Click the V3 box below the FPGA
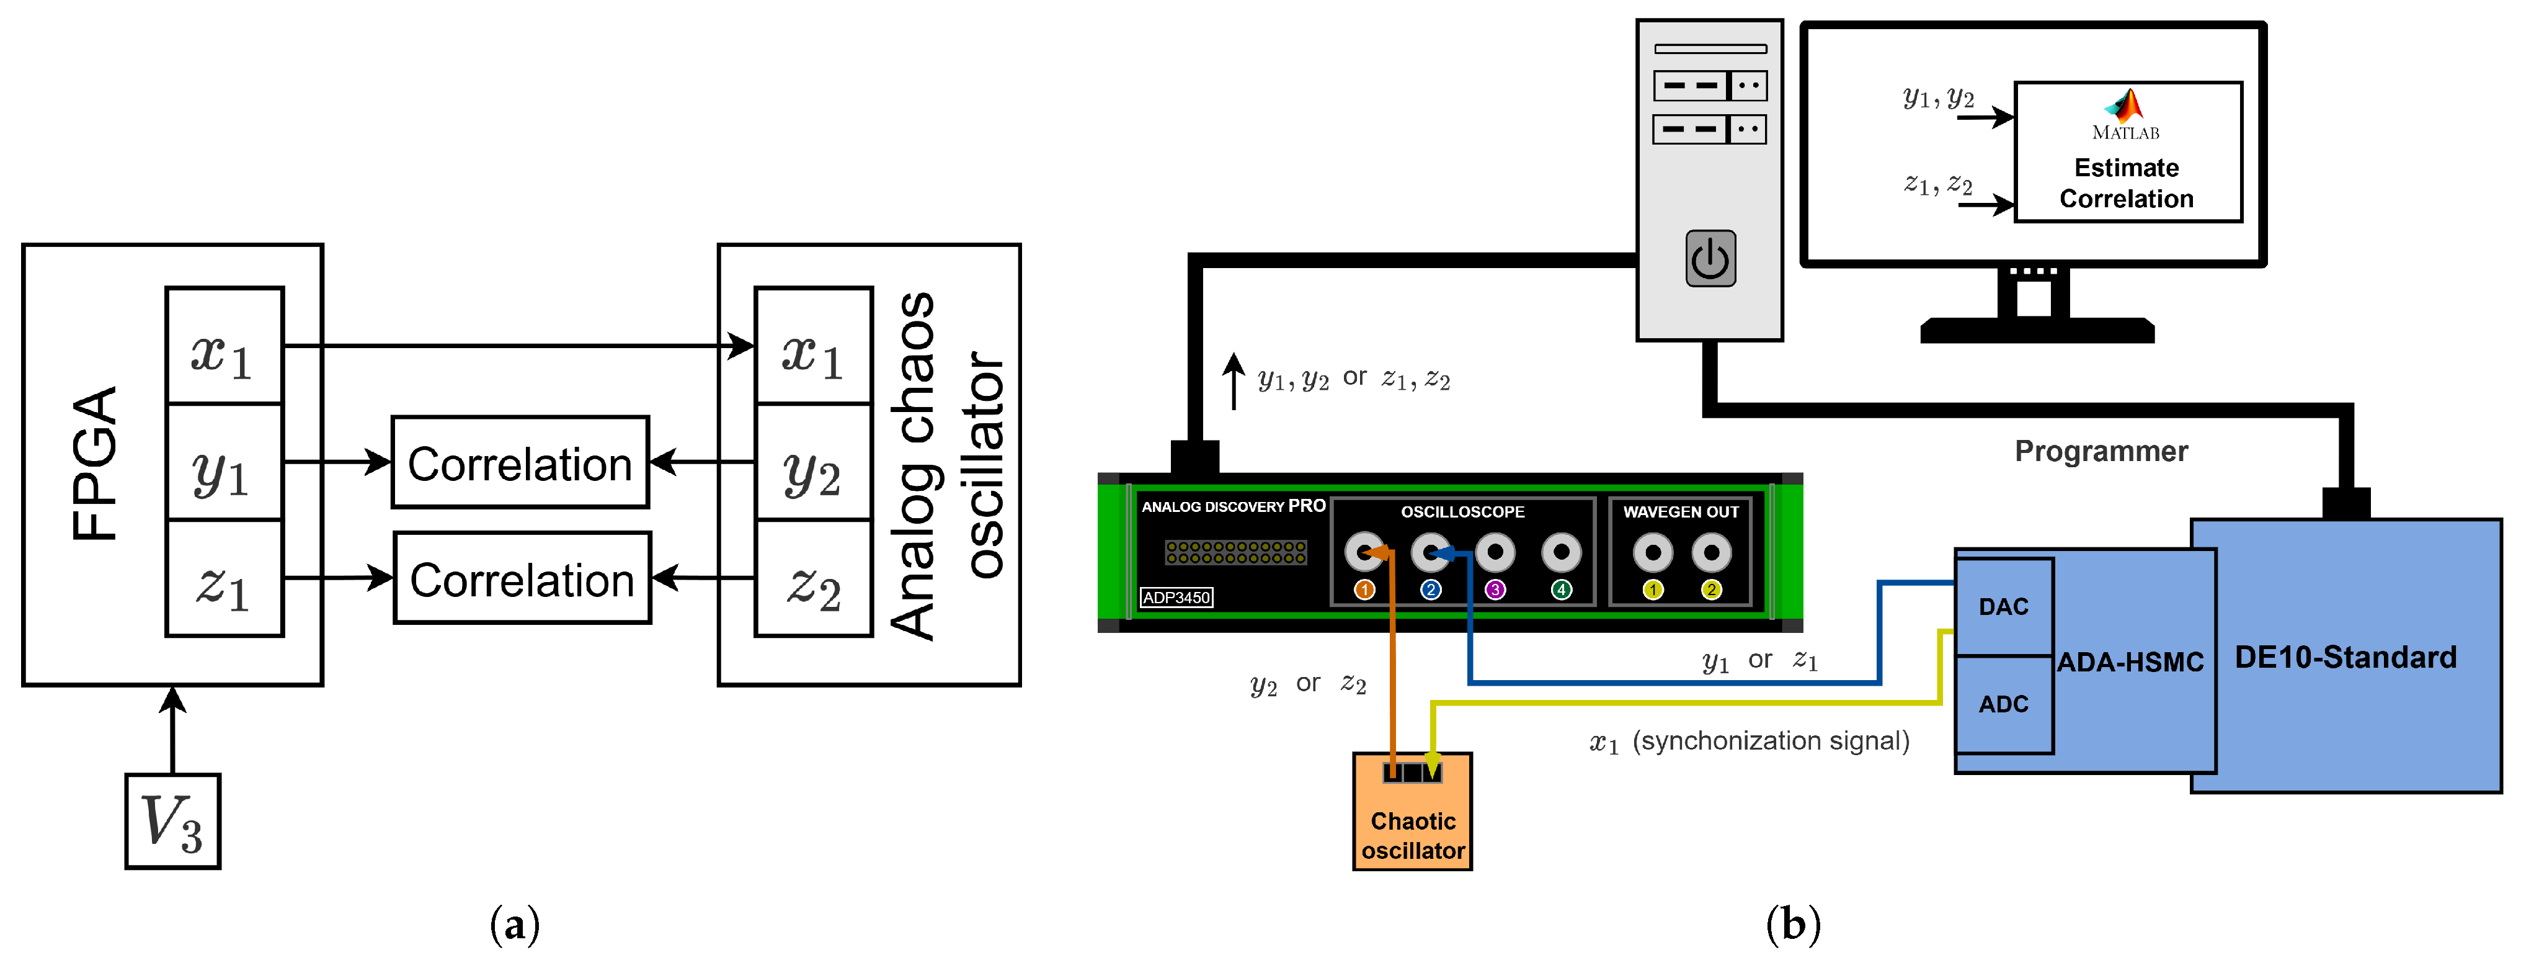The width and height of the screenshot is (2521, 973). coord(172,821)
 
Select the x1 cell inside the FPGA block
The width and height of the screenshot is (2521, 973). coord(224,346)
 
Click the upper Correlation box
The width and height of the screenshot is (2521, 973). coord(520,462)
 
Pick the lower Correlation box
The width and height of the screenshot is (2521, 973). coord(522,578)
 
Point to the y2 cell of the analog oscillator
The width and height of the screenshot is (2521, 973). coord(813,463)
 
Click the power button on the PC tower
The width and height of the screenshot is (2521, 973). coord(1710,259)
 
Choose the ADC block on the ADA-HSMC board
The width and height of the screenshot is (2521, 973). coord(2003,704)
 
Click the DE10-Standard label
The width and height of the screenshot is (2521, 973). coord(2345,657)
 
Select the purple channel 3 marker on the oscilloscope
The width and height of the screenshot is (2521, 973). coord(1495,590)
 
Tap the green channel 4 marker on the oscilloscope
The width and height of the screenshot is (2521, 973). coord(1561,590)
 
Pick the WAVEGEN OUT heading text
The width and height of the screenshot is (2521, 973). coord(1680,512)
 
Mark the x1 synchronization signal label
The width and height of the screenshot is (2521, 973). coord(1749,741)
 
